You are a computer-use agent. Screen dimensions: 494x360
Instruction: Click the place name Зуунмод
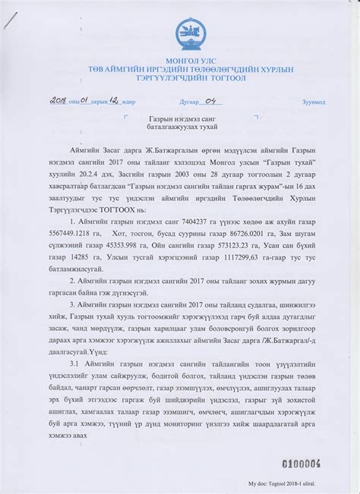[312, 101]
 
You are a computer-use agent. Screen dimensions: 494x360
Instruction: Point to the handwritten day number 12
[115, 99]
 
